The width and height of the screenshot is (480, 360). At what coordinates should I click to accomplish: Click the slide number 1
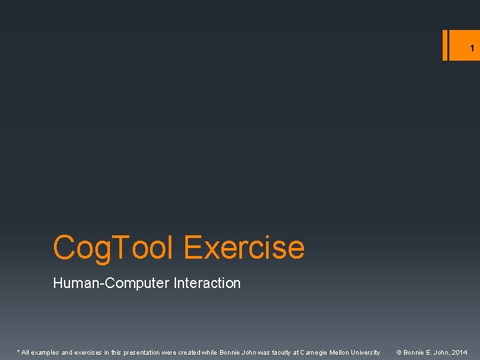point(471,48)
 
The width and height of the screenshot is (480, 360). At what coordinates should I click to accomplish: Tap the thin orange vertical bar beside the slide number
point(445,45)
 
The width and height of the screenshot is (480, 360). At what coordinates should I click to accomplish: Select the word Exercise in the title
point(244,247)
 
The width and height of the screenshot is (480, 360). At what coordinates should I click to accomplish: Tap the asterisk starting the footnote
point(18,351)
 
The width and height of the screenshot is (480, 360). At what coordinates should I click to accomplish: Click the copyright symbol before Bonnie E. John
point(399,352)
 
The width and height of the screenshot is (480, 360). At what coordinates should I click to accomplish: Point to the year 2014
point(459,352)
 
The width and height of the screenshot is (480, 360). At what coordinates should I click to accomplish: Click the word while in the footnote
point(210,352)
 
